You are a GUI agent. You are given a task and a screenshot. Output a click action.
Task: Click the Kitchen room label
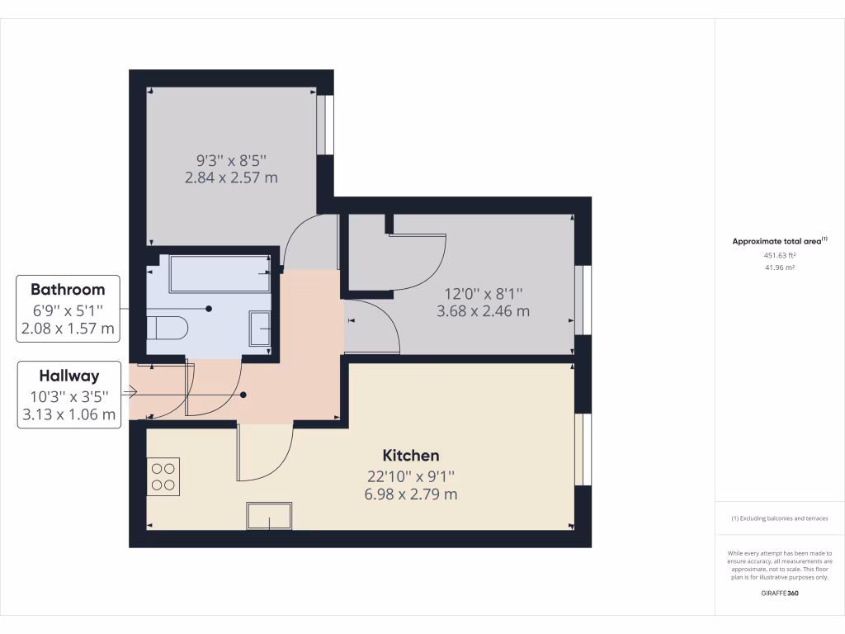tap(411, 455)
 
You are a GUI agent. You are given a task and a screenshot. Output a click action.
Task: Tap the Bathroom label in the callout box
tap(68, 290)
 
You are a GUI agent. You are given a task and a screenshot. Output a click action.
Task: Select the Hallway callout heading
tap(68, 376)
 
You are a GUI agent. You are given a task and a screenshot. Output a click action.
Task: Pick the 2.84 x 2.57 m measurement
tap(232, 177)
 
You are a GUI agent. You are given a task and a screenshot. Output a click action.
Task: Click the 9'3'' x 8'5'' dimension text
tap(232, 159)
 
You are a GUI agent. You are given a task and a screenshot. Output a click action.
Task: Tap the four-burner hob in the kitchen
tap(163, 477)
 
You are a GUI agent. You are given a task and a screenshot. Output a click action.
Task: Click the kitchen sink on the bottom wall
tap(269, 516)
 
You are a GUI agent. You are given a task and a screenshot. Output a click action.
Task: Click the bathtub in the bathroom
tap(220, 273)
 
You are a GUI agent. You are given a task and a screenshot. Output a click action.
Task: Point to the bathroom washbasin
tap(262, 329)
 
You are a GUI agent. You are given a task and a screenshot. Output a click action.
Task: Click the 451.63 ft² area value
tap(780, 255)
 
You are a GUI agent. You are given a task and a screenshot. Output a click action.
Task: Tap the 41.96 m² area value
tap(780, 267)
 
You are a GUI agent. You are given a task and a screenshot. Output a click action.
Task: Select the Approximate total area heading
tap(780, 241)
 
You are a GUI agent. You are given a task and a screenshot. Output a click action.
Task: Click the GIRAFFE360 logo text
tap(780, 594)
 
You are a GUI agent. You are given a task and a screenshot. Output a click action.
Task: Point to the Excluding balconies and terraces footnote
tap(780, 518)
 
